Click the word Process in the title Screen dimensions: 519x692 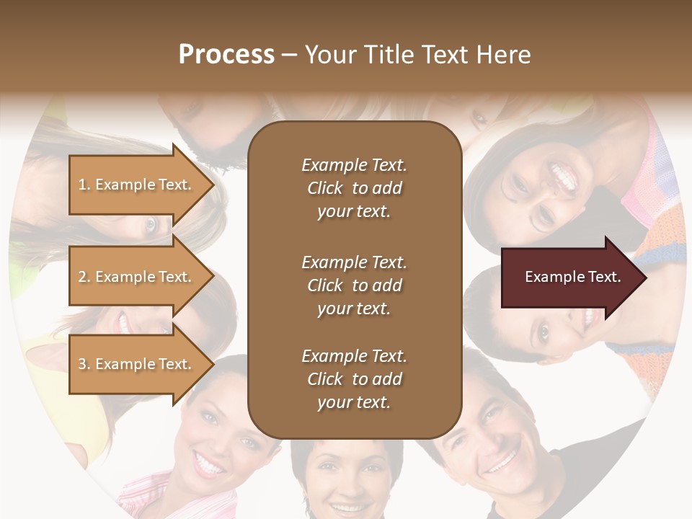click(x=226, y=55)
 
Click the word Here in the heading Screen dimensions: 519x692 click(x=503, y=55)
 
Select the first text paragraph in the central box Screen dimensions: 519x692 click(x=354, y=188)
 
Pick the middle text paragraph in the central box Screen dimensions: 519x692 click(x=354, y=285)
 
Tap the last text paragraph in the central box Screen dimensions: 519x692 click(x=354, y=379)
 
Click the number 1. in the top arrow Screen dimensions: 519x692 click(x=84, y=185)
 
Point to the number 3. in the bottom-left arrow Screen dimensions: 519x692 click(x=84, y=364)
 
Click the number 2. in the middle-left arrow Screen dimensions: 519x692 click(x=84, y=277)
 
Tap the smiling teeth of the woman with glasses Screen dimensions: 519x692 click(x=563, y=175)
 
